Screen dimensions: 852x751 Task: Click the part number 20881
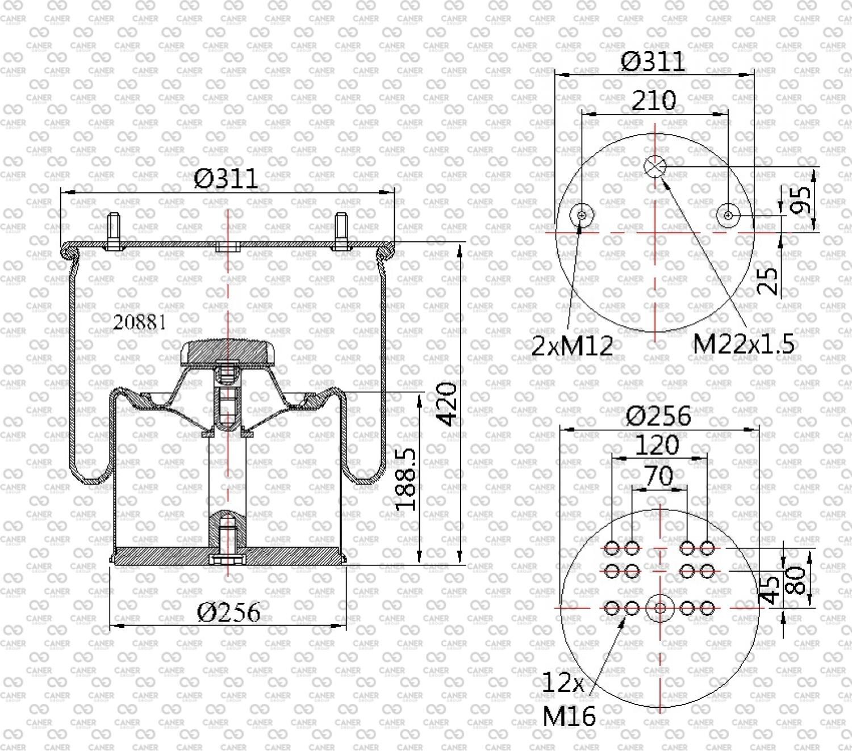click(140, 322)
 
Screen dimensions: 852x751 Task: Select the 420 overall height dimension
click(446, 404)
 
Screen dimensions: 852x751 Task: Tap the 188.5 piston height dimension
click(405, 479)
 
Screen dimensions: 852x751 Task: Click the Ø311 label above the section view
click(226, 179)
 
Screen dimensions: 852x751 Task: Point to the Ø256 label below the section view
click(228, 612)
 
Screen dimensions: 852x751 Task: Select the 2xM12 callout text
click(572, 346)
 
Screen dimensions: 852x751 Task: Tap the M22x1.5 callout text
click(744, 343)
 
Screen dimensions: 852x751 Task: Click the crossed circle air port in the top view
click(655, 166)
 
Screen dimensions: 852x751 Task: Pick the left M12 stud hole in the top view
click(582, 215)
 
